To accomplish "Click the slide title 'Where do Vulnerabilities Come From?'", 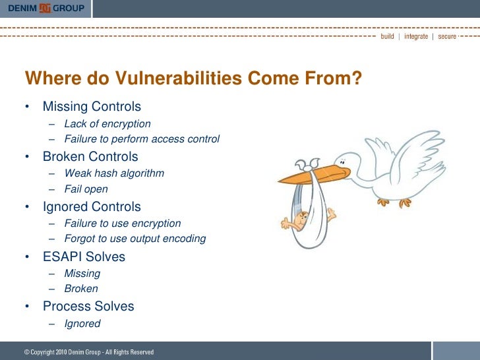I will [194, 79].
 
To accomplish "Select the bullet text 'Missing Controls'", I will [92, 107].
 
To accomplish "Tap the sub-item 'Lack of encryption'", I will [107, 124].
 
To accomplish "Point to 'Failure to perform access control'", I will [142, 139].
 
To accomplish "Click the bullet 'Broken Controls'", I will [90, 157].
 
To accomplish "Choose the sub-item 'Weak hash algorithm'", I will [114, 174].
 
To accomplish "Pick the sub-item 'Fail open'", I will [86, 189].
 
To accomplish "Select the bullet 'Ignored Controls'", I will [92, 207].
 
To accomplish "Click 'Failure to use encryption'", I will [122, 224].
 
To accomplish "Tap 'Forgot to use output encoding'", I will [135, 239].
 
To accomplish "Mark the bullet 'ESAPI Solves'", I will [84, 256].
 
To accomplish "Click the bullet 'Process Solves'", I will [88, 307].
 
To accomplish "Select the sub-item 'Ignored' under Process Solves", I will [82, 324].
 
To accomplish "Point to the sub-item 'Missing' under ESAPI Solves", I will [82, 274].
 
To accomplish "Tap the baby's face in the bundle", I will [302, 217].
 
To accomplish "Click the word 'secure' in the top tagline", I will [446, 36].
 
